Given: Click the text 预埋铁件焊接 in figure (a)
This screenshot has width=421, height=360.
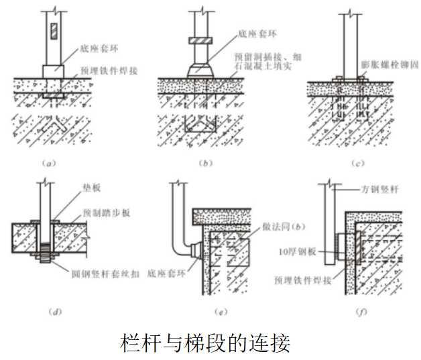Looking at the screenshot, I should (108, 70).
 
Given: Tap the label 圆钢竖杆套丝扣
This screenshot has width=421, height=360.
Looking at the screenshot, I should (105, 272).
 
